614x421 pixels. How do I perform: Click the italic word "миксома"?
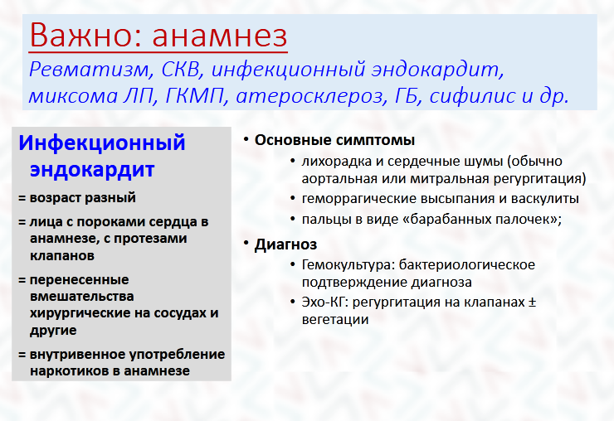[73, 96]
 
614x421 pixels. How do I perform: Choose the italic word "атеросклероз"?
[309, 96]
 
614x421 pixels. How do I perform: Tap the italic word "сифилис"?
[472, 95]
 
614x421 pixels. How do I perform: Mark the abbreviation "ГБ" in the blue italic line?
[408, 96]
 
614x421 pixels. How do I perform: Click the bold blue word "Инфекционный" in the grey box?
[102, 143]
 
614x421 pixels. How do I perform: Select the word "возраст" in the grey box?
[55, 198]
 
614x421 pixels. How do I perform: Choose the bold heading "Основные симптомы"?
[335, 140]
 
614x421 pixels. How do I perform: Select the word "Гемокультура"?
[348, 265]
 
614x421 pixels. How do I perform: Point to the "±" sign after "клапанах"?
[532, 302]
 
